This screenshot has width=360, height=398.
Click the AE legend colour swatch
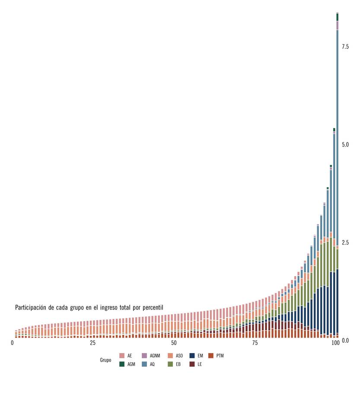pyautogui.click(x=122, y=356)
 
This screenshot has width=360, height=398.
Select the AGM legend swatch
pyautogui.click(x=122, y=364)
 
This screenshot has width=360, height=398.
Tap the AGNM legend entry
pyautogui.click(x=145, y=356)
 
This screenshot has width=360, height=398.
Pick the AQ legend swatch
pyautogui.click(x=145, y=364)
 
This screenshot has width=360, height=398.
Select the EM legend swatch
pyautogui.click(x=192, y=356)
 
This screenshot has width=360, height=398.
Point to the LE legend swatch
pyautogui.click(x=192, y=364)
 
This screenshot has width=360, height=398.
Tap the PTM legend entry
pyautogui.click(x=211, y=356)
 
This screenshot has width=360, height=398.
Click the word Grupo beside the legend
pyautogui.click(x=105, y=360)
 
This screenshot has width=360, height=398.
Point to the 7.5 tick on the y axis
pyautogui.click(x=345, y=47)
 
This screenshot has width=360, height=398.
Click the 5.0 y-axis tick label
pyautogui.click(x=345, y=144)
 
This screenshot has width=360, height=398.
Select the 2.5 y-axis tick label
pyautogui.click(x=345, y=242)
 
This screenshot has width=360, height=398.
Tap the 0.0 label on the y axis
pyautogui.click(x=345, y=341)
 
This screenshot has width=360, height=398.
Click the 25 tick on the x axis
pyautogui.click(x=92, y=343)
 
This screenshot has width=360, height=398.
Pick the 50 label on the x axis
pyautogui.click(x=174, y=343)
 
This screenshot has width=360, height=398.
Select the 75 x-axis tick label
pyautogui.click(x=255, y=343)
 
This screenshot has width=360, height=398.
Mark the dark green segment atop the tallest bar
pyautogui.click(x=337, y=17)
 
